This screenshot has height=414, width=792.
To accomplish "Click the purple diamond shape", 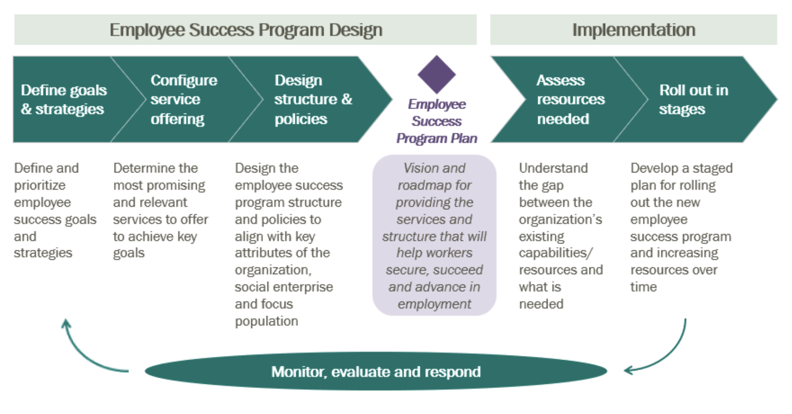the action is tap(436, 74).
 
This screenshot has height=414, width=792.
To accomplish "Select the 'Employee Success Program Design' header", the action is tap(245, 30).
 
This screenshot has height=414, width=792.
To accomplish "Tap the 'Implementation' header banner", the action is tap(634, 30).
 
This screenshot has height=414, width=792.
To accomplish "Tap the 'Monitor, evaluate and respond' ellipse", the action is tap(376, 371).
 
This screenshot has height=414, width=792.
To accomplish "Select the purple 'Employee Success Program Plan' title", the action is tap(437, 121).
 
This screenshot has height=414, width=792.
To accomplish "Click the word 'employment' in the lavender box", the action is tap(434, 304).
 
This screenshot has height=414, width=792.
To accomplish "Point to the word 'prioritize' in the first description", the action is tap(40, 186).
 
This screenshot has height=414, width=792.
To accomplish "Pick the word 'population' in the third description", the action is tap(266, 321).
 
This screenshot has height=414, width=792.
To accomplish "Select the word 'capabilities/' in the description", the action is tap(556, 253).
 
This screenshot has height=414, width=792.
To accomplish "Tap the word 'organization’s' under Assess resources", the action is tap(560, 220).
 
